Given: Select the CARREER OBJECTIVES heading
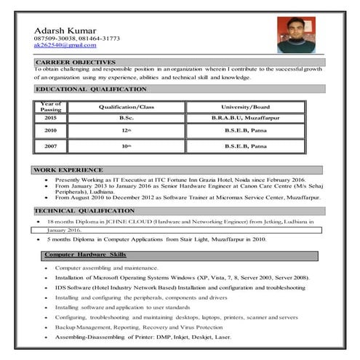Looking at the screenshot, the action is [75, 63].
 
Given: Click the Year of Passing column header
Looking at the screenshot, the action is [50, 107].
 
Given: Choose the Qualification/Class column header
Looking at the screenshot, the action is [127, 107].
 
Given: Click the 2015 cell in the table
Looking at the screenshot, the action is [50, 118].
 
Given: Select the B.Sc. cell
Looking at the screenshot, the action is [127, 118].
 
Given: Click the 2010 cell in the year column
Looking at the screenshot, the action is [50, 130].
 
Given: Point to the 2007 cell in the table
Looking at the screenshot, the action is [50, 146].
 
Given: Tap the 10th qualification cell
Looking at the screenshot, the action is [127, 146].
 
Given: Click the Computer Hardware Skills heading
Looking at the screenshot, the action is [85, 255].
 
